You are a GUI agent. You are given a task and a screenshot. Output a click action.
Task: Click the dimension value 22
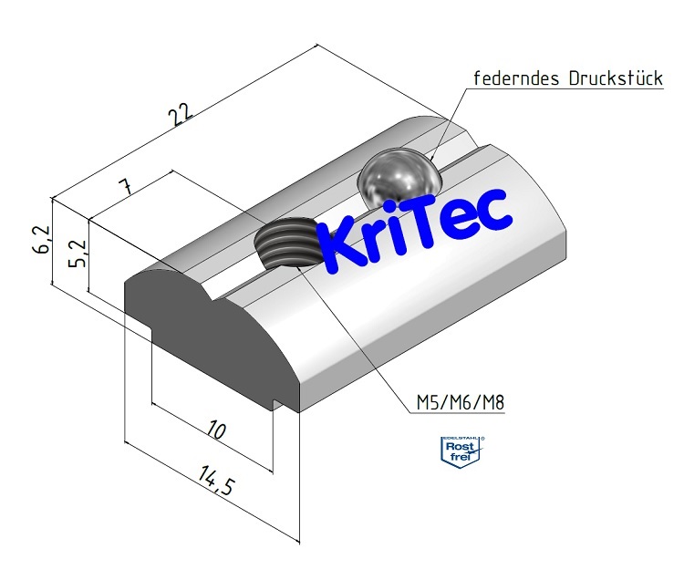181,113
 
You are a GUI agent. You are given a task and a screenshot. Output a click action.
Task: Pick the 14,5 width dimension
212,482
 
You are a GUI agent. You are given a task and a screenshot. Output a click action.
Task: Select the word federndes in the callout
515,78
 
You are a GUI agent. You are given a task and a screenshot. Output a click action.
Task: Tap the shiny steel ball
399,178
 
